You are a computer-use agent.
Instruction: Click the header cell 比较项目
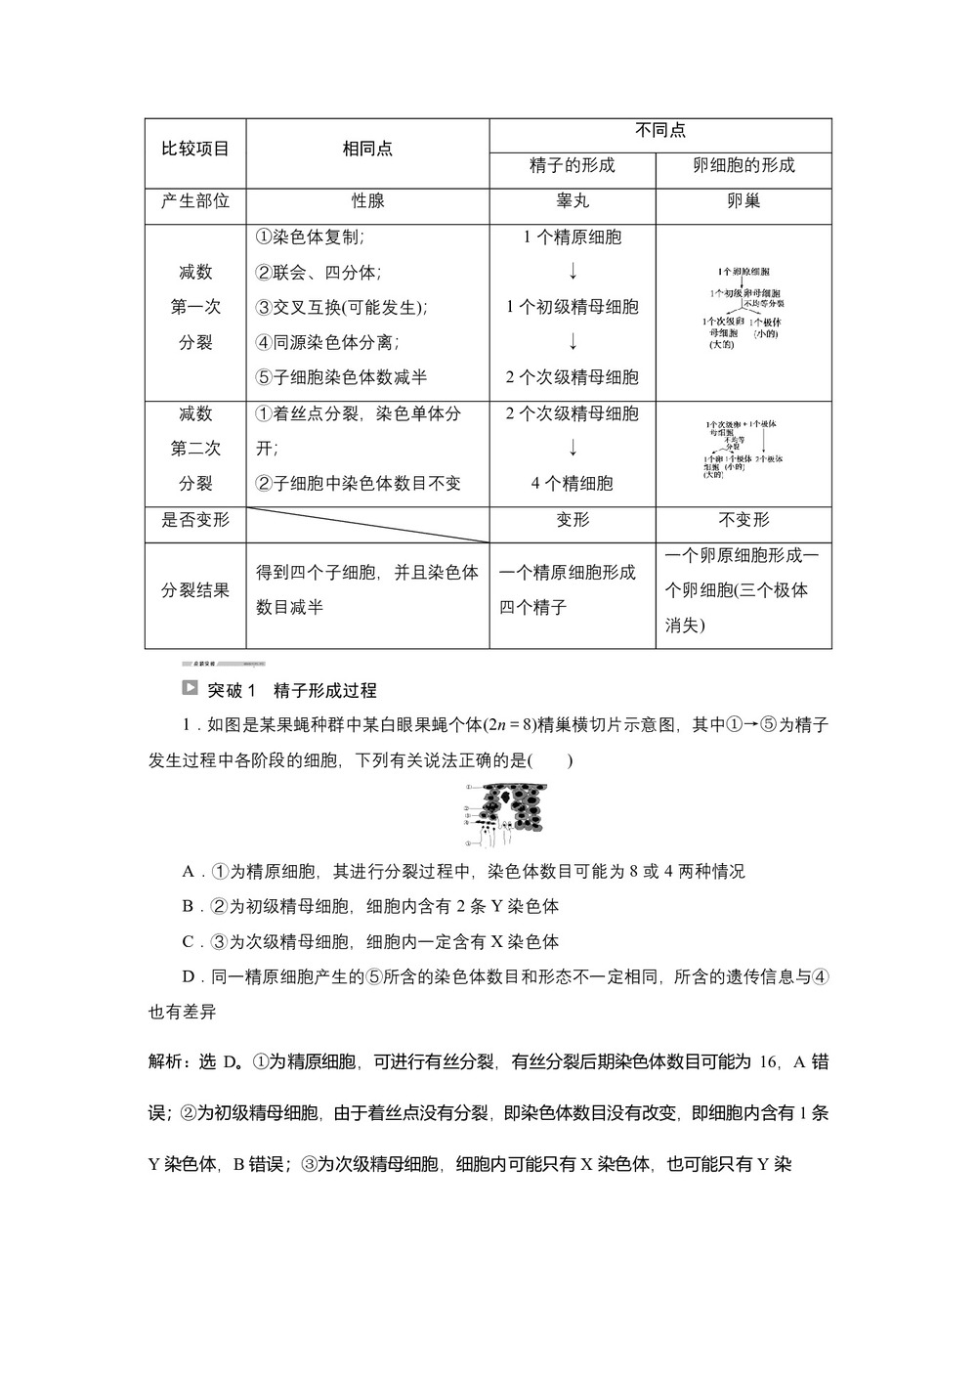pos(195,149)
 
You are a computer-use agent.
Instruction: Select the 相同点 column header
pos(367,149)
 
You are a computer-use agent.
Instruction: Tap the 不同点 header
pos(660,131)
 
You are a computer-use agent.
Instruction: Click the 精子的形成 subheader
pos(573,165)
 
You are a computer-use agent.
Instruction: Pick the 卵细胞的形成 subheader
pos(743,165)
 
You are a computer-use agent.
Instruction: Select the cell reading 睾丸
pos(573,200)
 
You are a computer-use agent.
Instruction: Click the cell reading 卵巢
pos(743,200)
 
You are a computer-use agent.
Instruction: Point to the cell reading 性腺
pos(367,200)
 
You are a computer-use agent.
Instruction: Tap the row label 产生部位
pos(195,200)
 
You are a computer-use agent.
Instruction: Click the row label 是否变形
pos(195,520)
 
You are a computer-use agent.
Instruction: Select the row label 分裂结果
pos(195,590)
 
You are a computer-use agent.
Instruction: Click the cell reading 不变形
pos(743,520)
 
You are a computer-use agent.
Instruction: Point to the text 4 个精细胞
pos(573,483)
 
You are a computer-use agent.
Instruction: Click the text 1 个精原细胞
pos(573,237)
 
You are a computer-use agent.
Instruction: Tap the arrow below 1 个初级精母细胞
pos(573,342)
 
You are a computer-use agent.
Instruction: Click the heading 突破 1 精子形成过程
pos(292,690)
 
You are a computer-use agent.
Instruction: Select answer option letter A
pos(189,871)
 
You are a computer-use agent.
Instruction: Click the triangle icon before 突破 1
pos(190,688)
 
